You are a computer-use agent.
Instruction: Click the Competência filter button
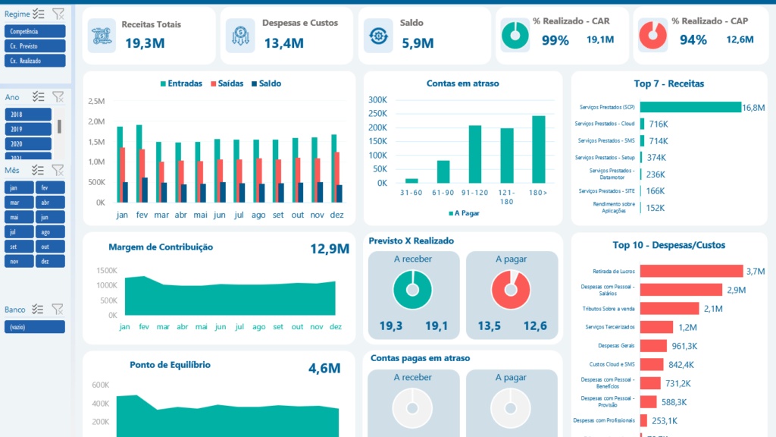(x=35, y=31)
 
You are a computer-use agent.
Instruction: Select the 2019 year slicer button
(x=28, y=129)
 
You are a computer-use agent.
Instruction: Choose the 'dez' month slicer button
(x=50, y=261)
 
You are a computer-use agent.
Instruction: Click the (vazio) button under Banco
(x=35, y=327)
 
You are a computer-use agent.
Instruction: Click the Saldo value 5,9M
(x=417, y=43)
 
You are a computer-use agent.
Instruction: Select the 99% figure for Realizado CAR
(x=555, y=40)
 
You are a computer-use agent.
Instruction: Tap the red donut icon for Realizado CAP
(x=653, y=34)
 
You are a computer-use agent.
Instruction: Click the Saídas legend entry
(x=225, y=83)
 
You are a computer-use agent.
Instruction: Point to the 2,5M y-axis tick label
(x=96, y=101)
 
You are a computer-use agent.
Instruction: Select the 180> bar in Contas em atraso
(x=538, y=149)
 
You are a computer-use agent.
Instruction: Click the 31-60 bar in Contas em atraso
(x=411, y=181)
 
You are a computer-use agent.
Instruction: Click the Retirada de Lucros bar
(x=691, y=271)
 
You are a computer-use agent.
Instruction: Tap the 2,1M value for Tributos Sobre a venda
(x=714, y=308)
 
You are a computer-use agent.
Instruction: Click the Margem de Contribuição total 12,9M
(x=329, y=249)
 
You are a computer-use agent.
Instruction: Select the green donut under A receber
(x=411, y=290)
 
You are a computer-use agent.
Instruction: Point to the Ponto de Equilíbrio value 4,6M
(x=324, y=369)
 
